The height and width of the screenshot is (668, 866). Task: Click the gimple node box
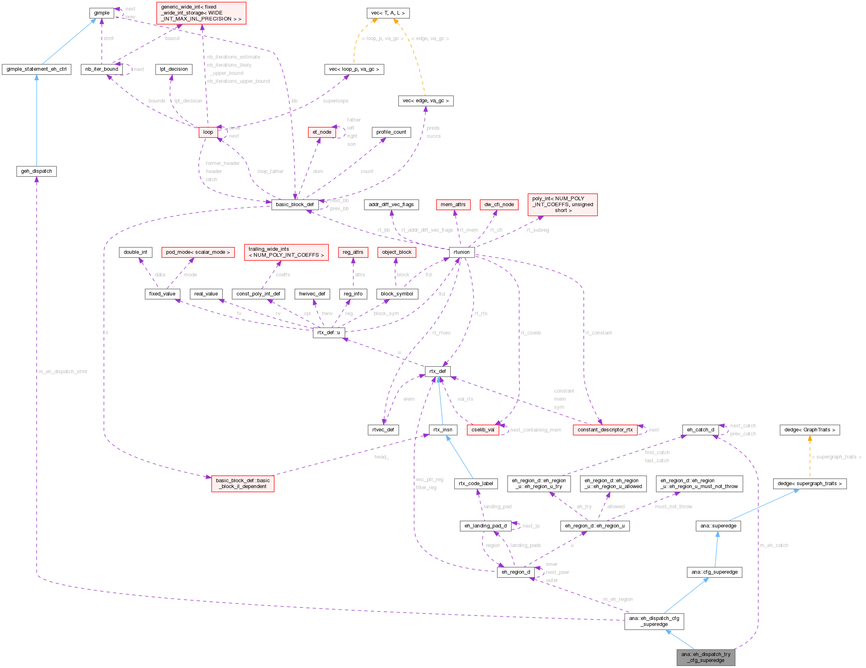101,13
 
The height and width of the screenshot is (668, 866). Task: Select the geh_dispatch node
36,171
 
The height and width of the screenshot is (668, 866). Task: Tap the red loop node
208,132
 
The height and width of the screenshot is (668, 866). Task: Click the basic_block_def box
294,204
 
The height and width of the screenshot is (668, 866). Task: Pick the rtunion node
461,252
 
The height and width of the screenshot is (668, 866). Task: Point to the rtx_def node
437,371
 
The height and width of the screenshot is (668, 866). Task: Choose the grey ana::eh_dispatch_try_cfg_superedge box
706,657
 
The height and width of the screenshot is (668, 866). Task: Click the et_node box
322,132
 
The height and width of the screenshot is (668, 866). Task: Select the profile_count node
391,132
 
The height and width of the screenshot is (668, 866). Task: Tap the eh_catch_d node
700,429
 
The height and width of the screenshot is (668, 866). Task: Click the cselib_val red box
483,429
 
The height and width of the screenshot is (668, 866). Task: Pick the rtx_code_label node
476,483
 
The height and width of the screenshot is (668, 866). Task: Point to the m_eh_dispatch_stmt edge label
63,371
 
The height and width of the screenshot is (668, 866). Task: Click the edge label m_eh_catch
774,545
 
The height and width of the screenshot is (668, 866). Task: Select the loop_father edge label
271,171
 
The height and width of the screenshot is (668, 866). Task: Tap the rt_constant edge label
599,333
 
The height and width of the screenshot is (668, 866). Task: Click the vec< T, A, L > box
388,13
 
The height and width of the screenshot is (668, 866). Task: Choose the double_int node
135,252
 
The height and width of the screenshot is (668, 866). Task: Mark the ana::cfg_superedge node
714,572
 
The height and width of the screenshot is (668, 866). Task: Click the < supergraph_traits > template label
837,457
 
